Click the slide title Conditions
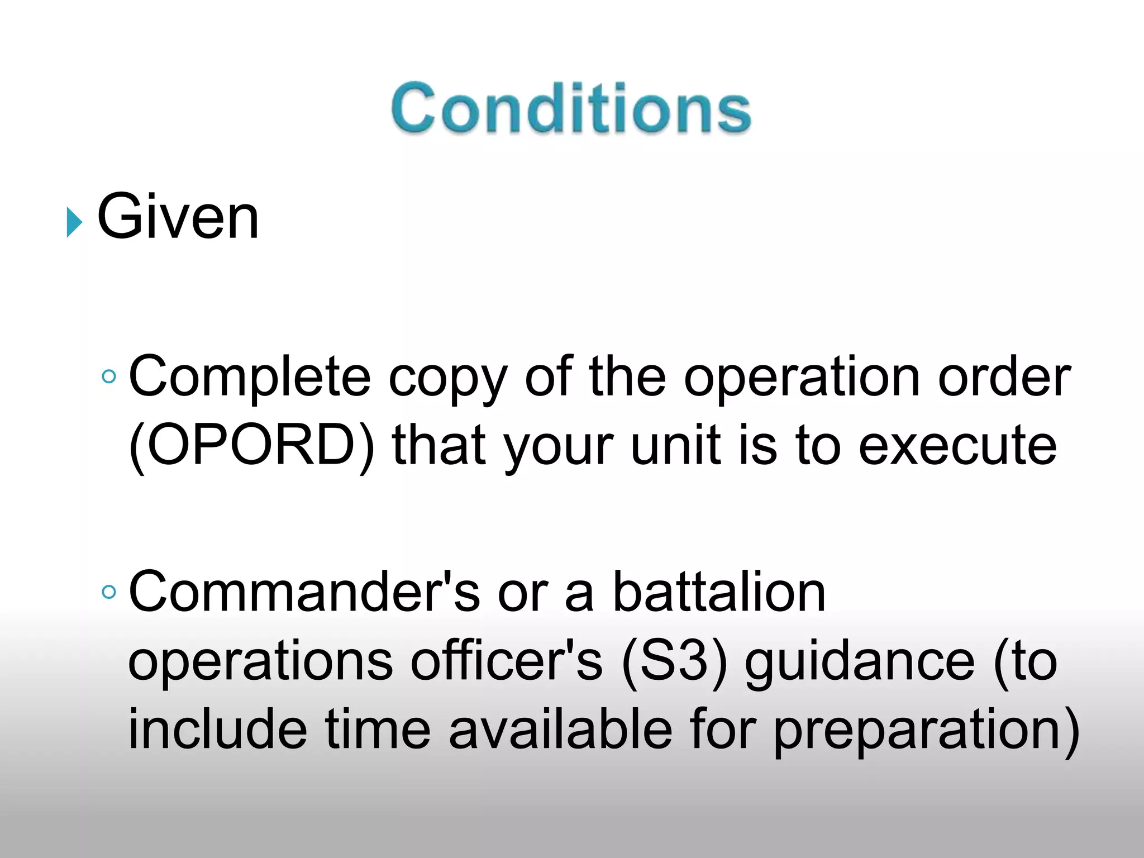coord(571,108)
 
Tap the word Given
coord(178,217)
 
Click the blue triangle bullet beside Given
coord(74,222)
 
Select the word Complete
coord(250,377)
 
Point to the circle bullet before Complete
coord(109,376)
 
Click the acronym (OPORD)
coord(251,445)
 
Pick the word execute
coord(957,445)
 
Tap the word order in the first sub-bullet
coord(1004,377)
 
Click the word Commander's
coord(304,592)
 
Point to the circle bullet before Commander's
coord(109,592)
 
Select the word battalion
coord(719,592)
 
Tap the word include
coord(218,729)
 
